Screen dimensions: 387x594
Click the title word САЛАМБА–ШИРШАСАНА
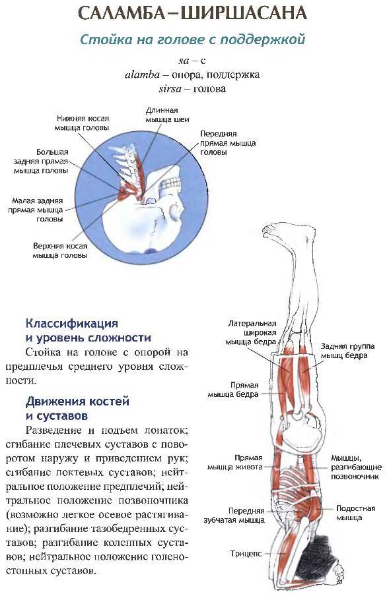[192, 14]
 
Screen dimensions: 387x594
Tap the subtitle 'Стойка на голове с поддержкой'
[192, 40]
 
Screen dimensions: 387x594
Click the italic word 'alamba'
[142, 74]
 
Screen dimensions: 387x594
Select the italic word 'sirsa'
[170, 89]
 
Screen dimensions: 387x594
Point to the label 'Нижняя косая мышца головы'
[83, 123]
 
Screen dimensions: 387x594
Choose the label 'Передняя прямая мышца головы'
[228, 143]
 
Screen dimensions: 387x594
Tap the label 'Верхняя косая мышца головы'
[60, 251]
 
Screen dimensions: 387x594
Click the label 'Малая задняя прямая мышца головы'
[36, 210]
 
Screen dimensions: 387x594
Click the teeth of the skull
[171, 185]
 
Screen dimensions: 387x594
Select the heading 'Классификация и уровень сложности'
[88, 330]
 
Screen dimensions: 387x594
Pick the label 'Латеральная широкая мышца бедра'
[251, 333]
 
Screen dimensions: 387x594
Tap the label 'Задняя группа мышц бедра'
[347, 351]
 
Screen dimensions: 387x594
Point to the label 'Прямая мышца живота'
[235, 462]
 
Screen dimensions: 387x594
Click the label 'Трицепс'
[246, 554]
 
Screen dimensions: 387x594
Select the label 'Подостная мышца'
[355, 513]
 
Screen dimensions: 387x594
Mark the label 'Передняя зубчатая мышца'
[234, 515]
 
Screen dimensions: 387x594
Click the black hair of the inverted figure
[322, 554]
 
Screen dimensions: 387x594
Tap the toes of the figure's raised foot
[269, 229]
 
